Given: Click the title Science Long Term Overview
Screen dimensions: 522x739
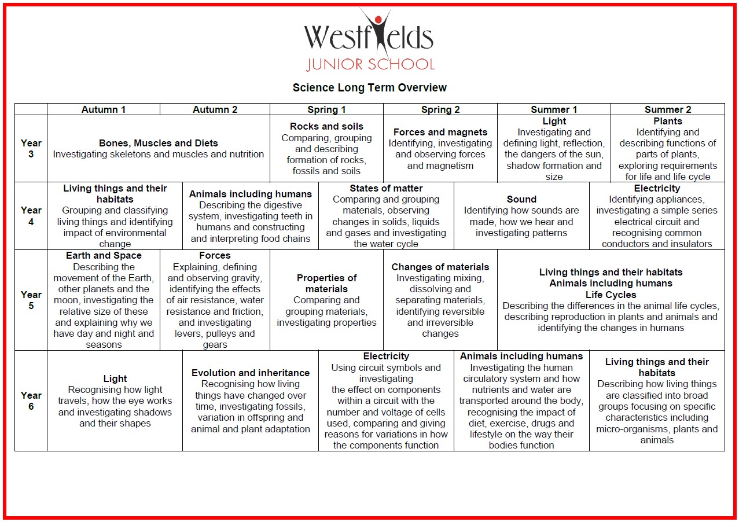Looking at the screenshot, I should point(369,88).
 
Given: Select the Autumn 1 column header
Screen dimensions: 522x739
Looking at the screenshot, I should point(104,109).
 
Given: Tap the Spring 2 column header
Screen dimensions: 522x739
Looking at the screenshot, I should point(440,109).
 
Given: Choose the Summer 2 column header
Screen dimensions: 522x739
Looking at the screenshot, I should point(668,109).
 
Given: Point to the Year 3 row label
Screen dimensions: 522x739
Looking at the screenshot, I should point(31,149).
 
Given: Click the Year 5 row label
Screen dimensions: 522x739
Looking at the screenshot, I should point(31,300).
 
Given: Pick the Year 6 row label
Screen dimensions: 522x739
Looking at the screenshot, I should point(31,400).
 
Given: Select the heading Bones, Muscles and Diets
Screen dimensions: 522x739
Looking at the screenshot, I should point(159,143).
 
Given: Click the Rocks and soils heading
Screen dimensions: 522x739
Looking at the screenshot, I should point(327,126).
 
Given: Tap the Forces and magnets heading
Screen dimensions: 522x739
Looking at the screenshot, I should point(440,132).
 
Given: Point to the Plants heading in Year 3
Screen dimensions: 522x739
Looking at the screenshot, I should point(668,121).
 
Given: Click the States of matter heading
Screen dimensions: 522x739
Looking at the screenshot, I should point(386,188).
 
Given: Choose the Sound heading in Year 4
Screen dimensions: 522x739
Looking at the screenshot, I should point(521,199).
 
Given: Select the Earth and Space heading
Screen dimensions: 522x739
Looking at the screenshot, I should point(104,255).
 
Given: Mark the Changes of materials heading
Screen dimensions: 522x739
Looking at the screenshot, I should point(440,267).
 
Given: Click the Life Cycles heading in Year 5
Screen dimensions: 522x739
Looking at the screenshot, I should point(611,295).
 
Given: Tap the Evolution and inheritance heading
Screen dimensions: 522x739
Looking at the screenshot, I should point(251,373).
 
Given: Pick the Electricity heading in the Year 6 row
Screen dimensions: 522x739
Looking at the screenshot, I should point(386,356).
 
